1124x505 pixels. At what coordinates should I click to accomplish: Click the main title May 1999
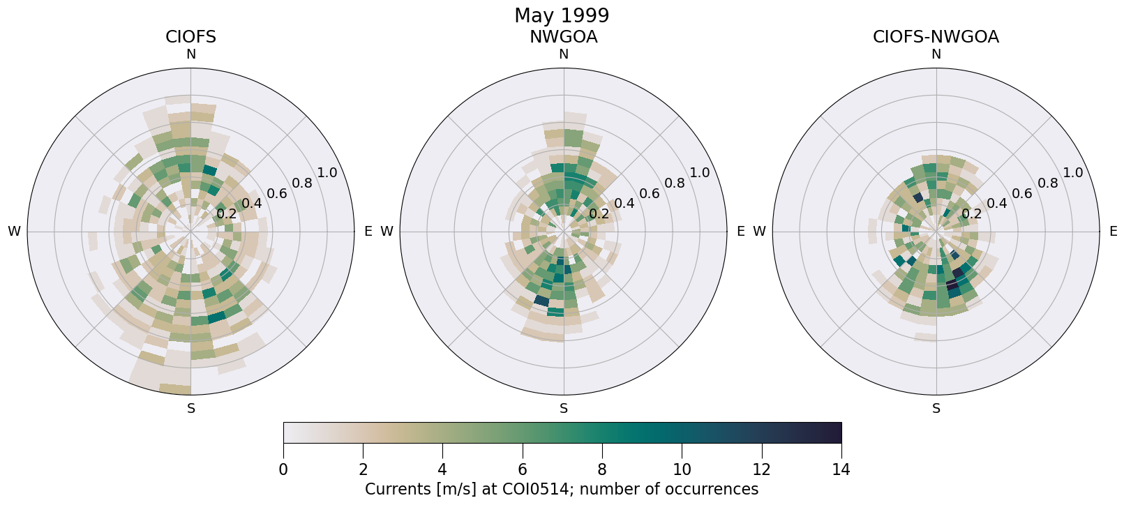coord(562,15)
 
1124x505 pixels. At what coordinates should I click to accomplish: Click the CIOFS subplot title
coord(190,37)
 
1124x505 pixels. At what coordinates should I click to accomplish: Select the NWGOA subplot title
coord(563,37)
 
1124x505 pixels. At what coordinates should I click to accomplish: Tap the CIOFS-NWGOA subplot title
coord(936,37)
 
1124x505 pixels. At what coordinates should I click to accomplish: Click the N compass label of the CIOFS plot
coord(190,54)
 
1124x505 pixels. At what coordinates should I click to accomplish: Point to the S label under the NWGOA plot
coord(564,409)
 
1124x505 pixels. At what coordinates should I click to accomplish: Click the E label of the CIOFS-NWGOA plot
coord(1113,232)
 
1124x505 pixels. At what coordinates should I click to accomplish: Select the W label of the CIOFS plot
coord(14,232)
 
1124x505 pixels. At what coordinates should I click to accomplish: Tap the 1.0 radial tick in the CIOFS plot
coord(327,173)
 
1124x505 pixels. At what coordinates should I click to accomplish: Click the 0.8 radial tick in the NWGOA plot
coord(675,183)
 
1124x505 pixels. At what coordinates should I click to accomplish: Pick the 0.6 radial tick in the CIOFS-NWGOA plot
coord(1022,193)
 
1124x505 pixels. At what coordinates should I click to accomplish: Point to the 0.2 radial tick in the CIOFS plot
coord(226,214)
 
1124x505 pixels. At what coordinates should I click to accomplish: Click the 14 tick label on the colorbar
coord(841,470)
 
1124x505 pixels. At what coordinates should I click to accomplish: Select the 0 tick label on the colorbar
coord(283,470)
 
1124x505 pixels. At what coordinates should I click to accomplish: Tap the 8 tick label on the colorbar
coord(602,470)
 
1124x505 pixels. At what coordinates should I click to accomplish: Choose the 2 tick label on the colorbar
coord(363,470)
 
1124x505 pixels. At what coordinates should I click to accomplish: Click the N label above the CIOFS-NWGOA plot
coord(936,54)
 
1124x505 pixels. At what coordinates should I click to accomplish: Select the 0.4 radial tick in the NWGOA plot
coord(624,204)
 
